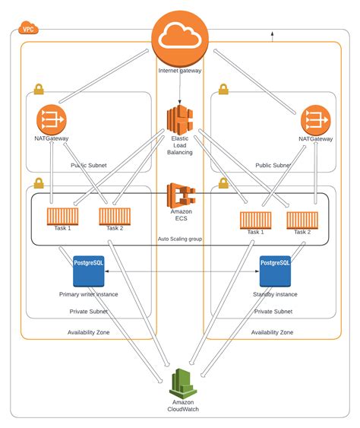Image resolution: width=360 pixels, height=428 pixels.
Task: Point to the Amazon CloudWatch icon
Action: [181, 382]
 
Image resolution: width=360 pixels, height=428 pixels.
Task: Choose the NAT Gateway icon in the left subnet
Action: [52, 120]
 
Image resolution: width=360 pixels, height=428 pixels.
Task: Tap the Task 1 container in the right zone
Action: [255, 220]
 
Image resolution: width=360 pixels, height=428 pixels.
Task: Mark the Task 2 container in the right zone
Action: [302, 220]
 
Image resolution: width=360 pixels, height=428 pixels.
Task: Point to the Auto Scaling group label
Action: [180, 238]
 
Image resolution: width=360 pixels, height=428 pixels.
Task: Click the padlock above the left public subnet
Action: [37, 88]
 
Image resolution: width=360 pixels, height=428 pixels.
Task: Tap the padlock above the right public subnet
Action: [223, 88]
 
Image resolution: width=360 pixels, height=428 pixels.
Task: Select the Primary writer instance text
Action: [88, 293]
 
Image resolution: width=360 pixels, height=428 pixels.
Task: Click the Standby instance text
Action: [274, 293]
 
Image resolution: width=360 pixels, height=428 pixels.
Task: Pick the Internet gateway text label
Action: [179, 71]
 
